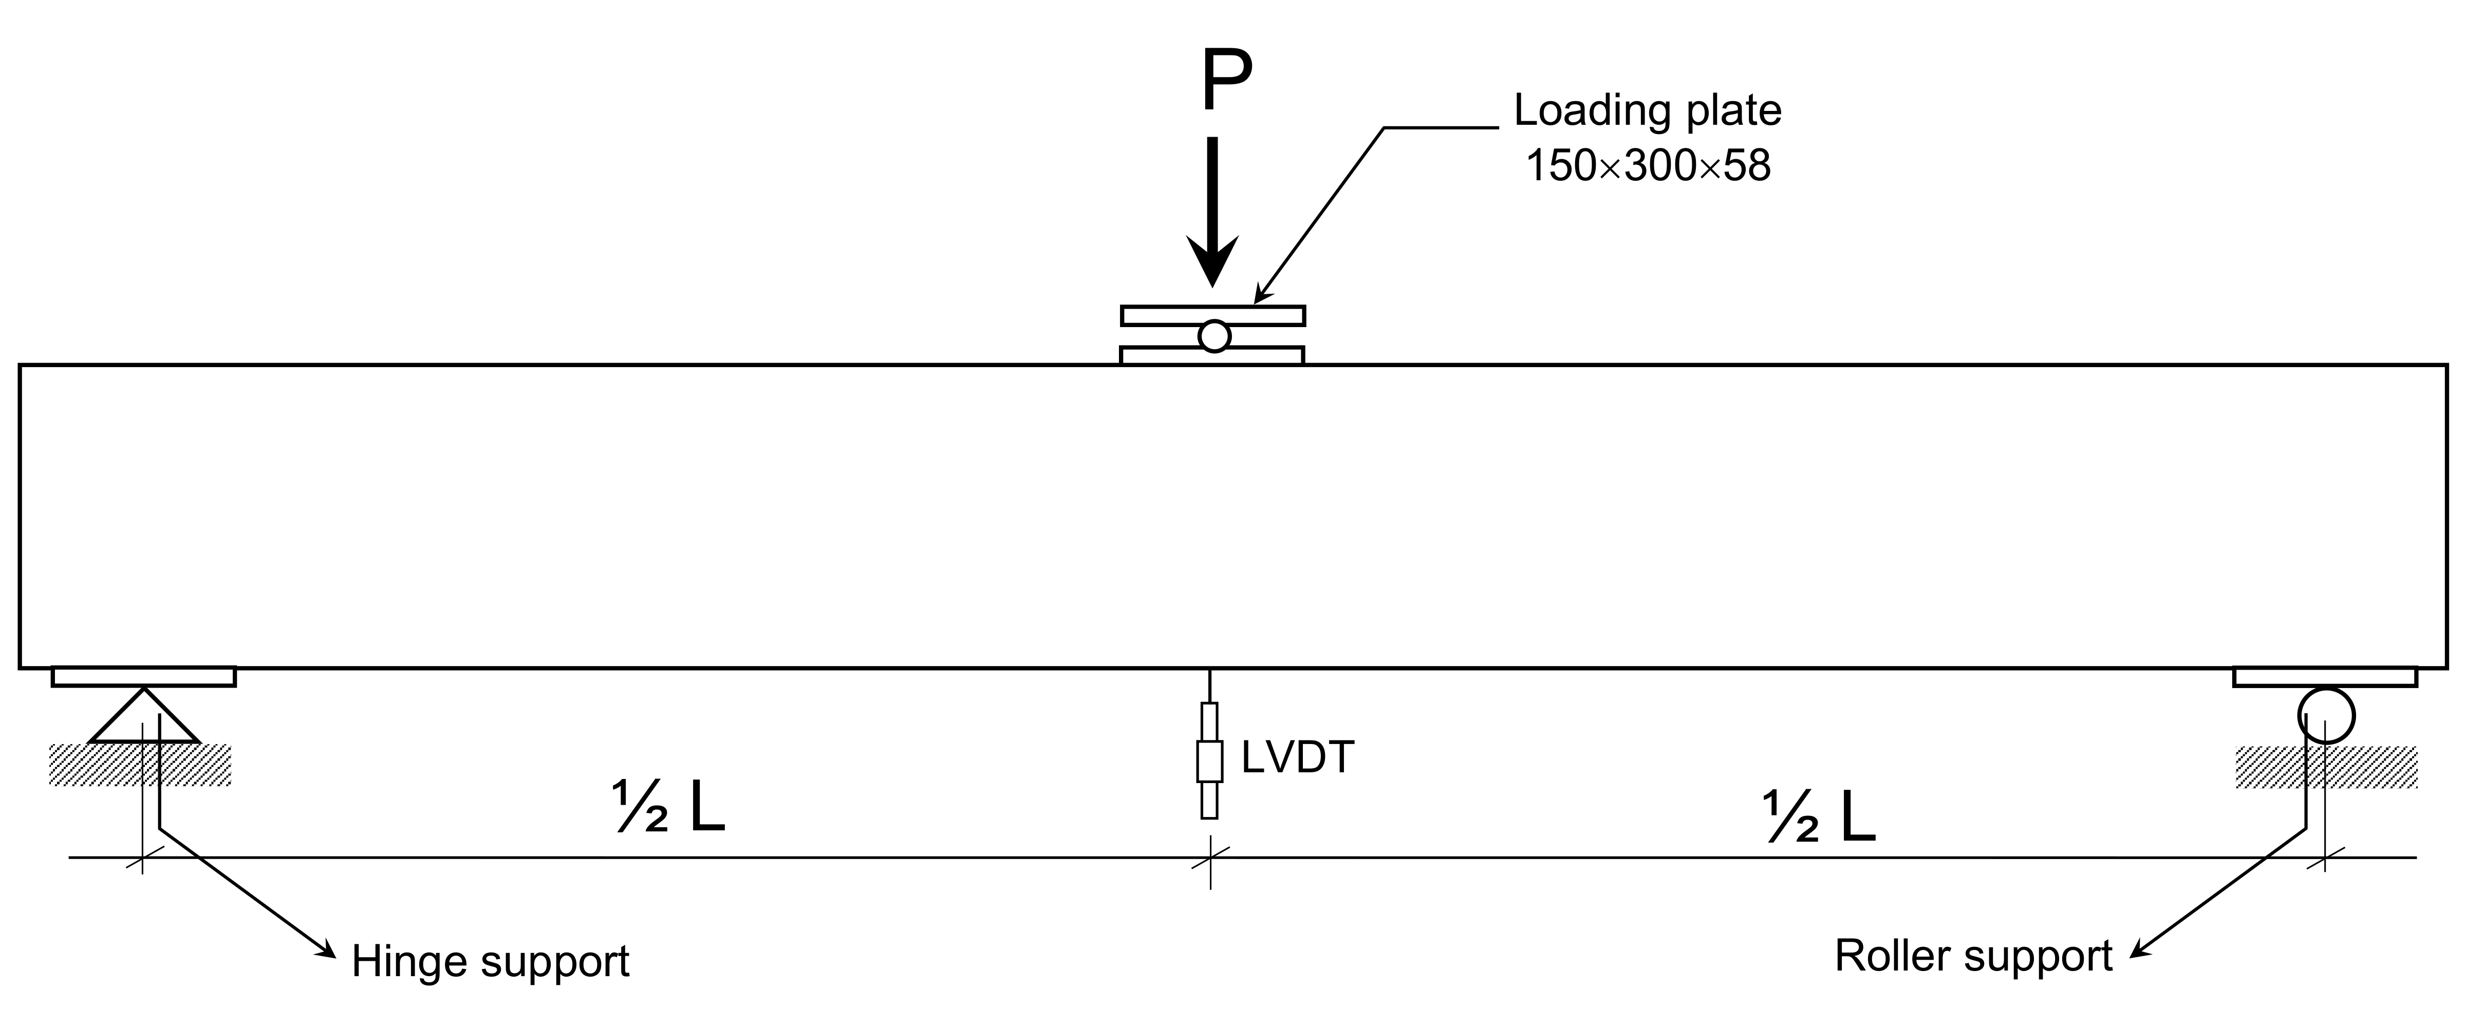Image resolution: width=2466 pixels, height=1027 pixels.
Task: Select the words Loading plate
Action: (1647, 111)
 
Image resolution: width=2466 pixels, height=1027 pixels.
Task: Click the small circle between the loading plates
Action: (1214, 336)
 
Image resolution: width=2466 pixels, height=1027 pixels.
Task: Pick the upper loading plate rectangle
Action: (1213, 316)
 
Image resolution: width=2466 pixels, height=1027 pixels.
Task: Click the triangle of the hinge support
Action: (144, 720)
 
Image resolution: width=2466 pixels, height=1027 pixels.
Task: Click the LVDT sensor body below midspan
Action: (1210, 761)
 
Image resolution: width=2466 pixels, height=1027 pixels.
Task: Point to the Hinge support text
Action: (490, 961)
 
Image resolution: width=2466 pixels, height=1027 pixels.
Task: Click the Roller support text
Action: (1973, 956)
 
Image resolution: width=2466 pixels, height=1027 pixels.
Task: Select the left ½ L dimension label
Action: (669, 809)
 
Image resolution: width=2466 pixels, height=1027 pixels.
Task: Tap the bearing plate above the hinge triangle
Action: (144, 677)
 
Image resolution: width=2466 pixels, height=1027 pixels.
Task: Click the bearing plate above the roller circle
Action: (2324, 677)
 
